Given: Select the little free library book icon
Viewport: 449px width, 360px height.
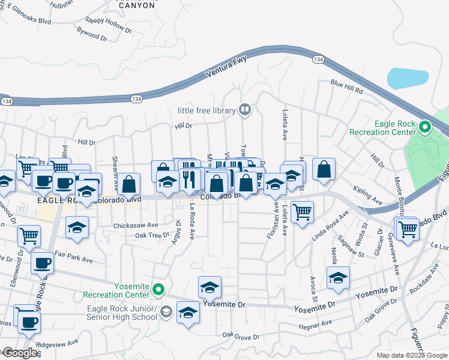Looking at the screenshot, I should point(244,109).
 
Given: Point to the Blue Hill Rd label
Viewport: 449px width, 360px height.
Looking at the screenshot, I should point(346,86).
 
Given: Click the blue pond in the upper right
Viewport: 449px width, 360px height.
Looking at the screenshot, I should point(408,78).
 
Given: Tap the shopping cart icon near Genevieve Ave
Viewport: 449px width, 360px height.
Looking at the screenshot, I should point(408,228).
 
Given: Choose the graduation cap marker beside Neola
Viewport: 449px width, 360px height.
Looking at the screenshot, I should point(338,278).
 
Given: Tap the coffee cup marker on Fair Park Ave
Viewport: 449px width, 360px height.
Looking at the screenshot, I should point(42,262).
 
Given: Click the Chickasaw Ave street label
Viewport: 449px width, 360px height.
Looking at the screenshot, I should point(136,226).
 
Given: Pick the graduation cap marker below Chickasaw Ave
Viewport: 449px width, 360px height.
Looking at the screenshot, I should point(76,228).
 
